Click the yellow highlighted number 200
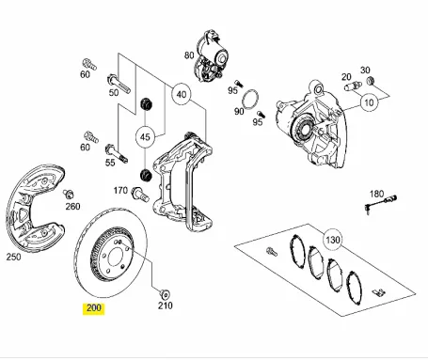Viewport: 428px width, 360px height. [x=95, y=306]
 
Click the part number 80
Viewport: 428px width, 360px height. [x=189, y=55]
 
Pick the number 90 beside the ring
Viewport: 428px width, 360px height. [x=240, y=111]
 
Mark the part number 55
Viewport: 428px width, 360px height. [x=110, y=162]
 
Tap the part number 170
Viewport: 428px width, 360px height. [x=119, y=191]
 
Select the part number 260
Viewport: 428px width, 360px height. [x=72, y=207]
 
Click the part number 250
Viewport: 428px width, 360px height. [x=13, y=256]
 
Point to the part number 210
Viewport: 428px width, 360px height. [x=165, y=305]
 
